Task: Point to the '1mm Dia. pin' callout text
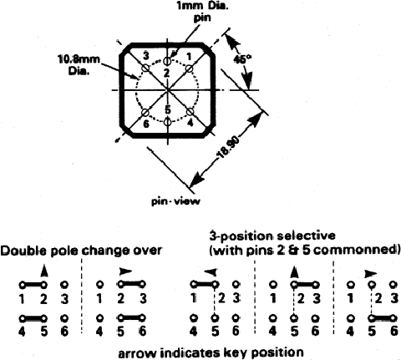(202, 11)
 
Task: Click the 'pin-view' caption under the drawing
(175, 201)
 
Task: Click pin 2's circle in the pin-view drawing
(167, 61)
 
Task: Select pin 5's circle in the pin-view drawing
(167, 122)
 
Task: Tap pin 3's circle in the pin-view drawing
(145, 68)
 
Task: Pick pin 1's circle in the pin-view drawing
(189, 68)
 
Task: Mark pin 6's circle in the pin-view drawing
(145, 112)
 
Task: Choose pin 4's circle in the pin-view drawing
(190, 112)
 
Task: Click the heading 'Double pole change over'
(81, 251)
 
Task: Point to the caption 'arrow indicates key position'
(211, 352)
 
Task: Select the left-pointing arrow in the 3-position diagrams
(211, 271)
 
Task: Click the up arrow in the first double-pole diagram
(43, 271)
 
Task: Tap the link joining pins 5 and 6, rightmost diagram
(382, 317)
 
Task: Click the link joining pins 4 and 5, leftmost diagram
(33, 317)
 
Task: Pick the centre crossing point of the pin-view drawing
(167, 90)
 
